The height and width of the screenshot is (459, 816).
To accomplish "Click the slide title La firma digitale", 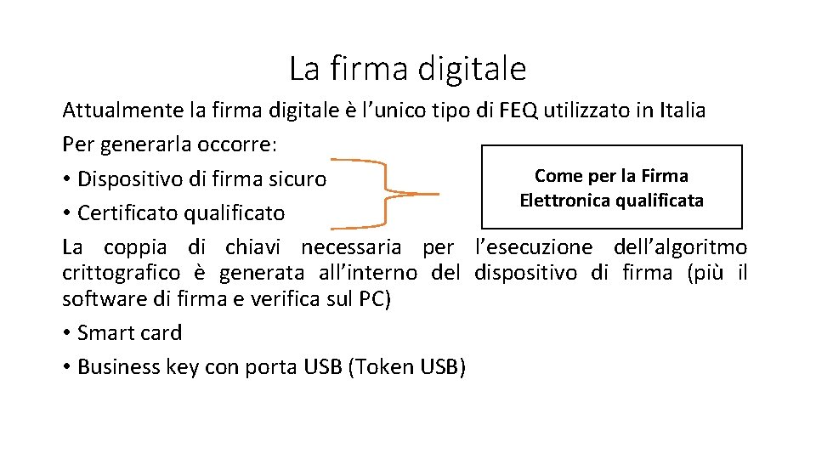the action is pos(407,68).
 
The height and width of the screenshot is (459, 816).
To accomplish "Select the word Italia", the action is pos(682,110).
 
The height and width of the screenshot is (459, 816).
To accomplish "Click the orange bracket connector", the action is pos(387,194).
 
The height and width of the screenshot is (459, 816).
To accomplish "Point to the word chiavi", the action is pos(253,247).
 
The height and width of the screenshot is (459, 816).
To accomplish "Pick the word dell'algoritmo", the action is pos(680,247).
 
